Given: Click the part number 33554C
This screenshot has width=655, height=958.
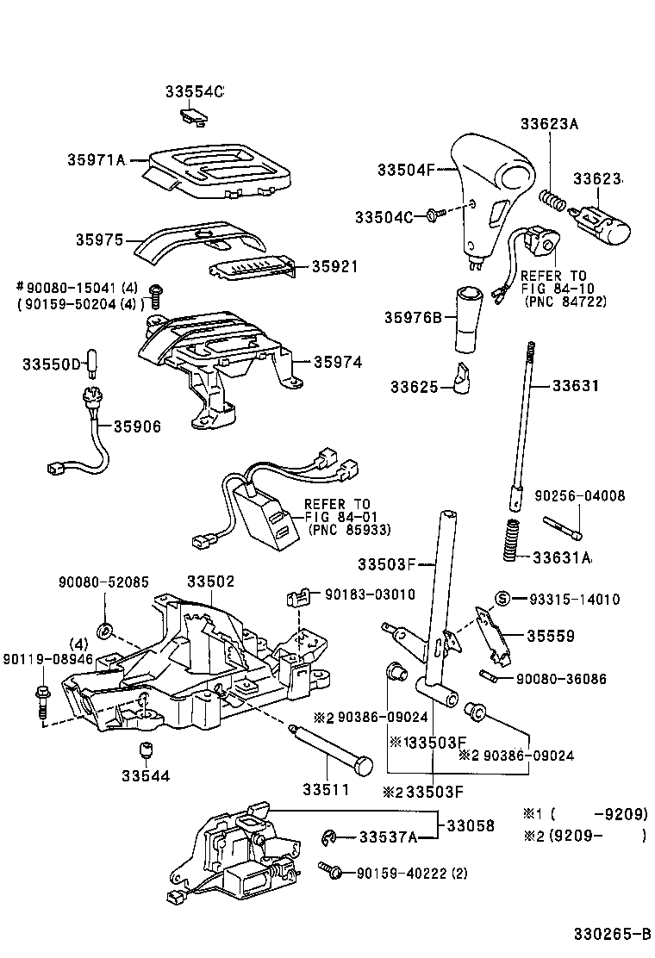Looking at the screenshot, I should [x=195, y=91].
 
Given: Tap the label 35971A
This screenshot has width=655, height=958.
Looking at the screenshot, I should [x=97, y=159].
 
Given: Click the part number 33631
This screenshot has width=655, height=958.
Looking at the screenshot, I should [x=576, y=386].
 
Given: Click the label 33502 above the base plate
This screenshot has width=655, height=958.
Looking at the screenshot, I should [x=210, y=582].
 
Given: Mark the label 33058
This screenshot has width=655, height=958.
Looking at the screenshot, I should [x=471, y=825].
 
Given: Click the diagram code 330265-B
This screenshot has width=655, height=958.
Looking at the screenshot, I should [x=613, y=934].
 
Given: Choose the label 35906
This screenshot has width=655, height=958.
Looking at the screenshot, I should [x=137, y=426].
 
